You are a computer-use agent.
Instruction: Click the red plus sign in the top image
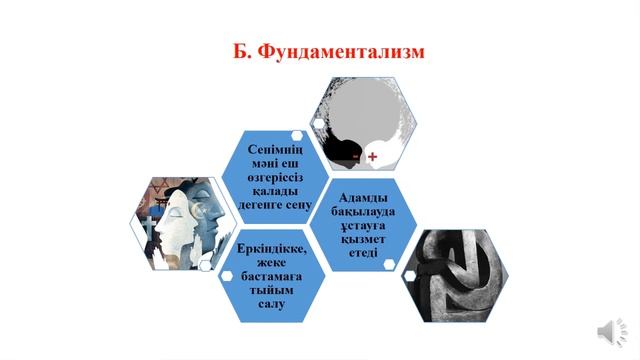(373, 157)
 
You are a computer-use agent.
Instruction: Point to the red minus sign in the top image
(356, 157)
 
